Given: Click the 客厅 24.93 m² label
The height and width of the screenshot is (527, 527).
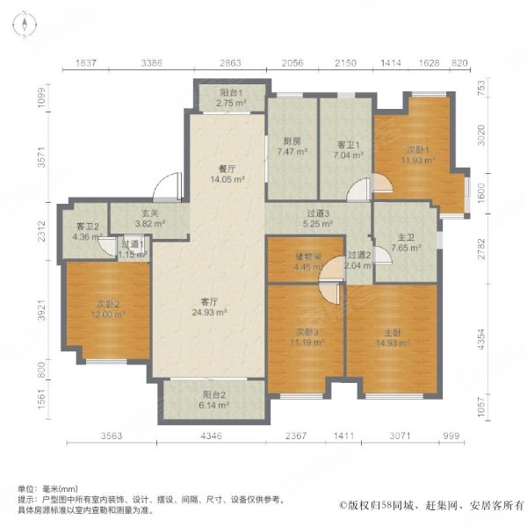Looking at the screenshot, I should (x=210, y=307).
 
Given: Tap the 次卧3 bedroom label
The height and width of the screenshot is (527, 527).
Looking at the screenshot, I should (x=302, y=336).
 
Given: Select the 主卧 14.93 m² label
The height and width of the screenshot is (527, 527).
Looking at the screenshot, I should (x=390, y=336).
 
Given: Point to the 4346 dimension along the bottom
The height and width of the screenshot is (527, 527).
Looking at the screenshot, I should (x=210, y=436).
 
